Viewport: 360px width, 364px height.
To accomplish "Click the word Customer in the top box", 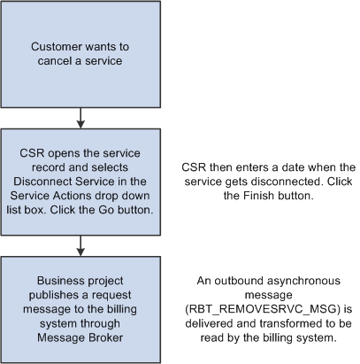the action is (x=57, y=47).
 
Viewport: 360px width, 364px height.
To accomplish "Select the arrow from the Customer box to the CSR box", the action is (x=80, y=118).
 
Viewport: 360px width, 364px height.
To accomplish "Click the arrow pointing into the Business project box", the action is (x=80, y=245).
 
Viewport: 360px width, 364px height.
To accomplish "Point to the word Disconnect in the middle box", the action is (x=42, y=182).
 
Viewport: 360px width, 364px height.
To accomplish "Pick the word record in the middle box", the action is (x=49, y=167).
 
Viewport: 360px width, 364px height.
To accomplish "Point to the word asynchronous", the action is (x=301, y=281).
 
